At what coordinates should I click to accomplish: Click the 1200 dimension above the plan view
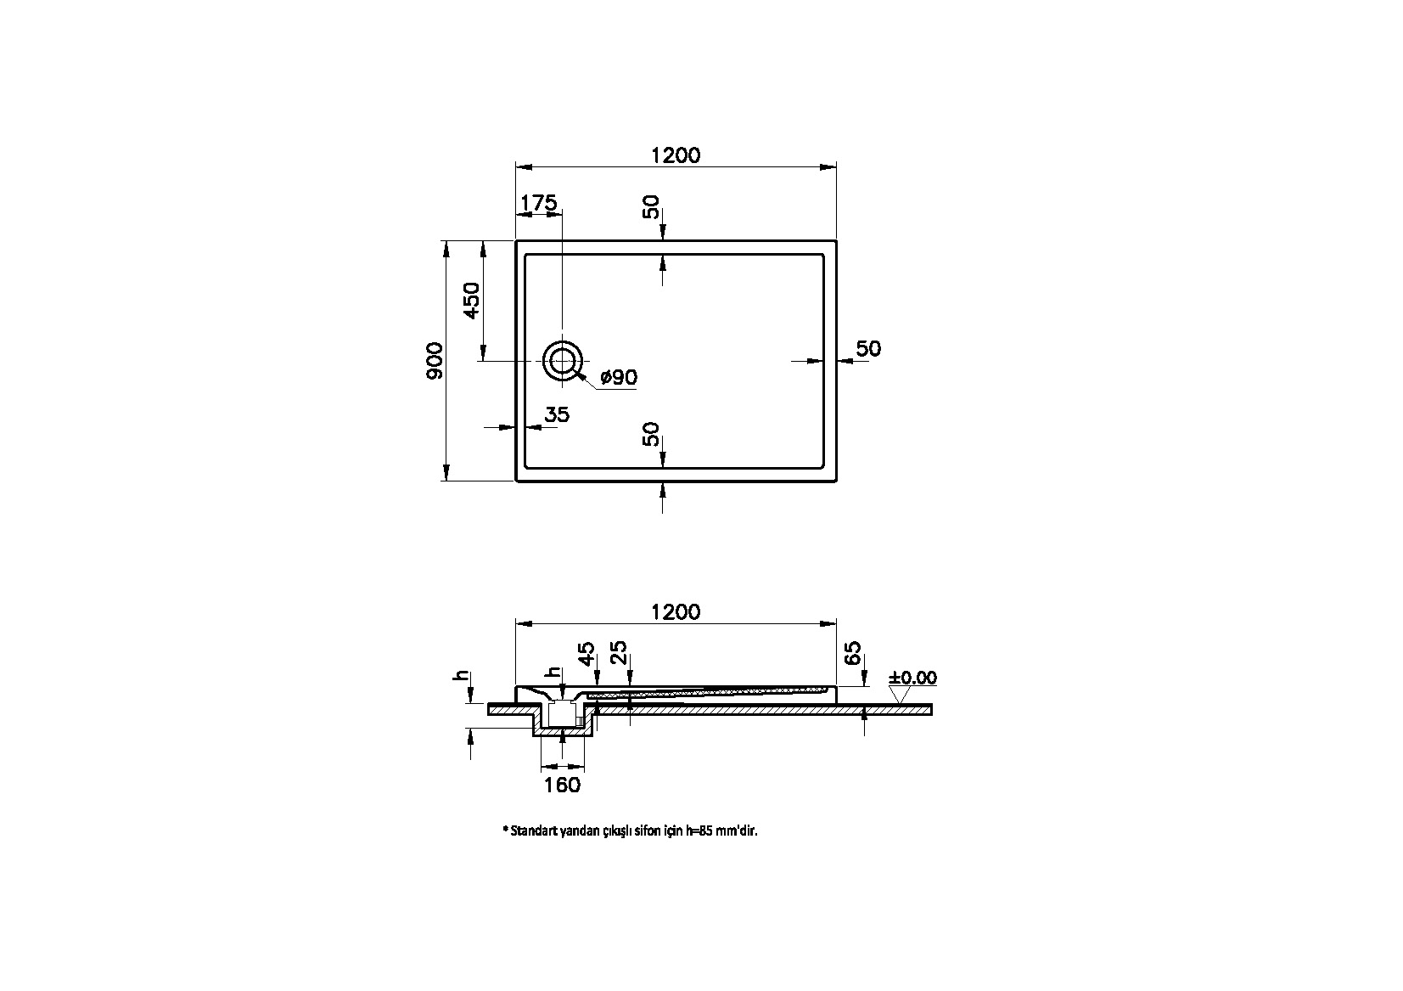coord(676,155)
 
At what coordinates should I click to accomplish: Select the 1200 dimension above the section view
coord(676,611)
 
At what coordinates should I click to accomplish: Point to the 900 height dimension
coord(434,360)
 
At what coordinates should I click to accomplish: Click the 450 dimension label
coord(471,301)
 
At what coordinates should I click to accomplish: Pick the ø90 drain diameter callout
coord(619,377)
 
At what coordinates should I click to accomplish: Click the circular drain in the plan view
coord(563,362)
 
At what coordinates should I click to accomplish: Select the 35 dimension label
coord(557,414)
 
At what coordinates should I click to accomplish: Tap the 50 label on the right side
coord(868,348)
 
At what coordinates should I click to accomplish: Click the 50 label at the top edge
coord(652,207)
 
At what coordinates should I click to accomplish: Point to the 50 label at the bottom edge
coord(652,434)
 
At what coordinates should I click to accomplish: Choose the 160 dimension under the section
coord(562,785)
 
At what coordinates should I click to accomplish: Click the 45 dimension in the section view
coord(586,655)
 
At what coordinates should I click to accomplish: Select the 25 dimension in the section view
coord(619,653)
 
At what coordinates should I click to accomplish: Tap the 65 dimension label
coord(853,654)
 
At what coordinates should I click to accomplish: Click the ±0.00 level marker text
coord(912,678)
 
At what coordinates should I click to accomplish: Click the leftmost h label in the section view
coord(463,676)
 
